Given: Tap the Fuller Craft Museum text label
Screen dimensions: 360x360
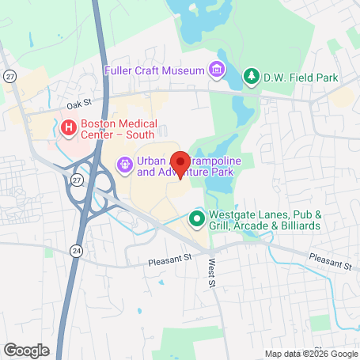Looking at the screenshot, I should click(x=154, y=70).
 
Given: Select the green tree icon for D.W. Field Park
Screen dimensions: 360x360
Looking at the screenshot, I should click(x=251, y=77).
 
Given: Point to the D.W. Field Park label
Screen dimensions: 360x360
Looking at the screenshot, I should click(x=301, y=78).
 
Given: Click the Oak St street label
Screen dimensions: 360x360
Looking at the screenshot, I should click(x=80, y=103).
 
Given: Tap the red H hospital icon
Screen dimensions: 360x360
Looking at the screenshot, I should click(x=69, y=127).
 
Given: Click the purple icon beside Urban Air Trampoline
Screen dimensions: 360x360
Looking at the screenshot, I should click(x=123, y=165).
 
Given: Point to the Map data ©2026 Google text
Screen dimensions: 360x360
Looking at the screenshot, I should click(x=310, y=354).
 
